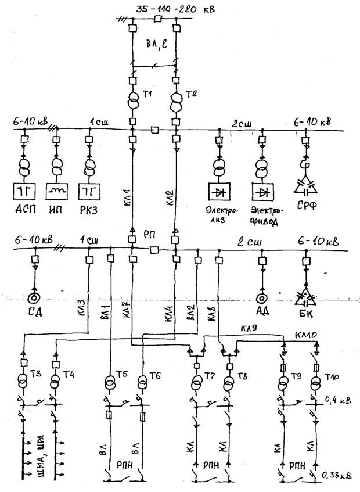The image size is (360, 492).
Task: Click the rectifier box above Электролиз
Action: (x=219, y=191)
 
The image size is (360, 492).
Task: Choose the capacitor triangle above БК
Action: (x=307, y=297)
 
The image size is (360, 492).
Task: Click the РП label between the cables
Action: (x=149, y=234)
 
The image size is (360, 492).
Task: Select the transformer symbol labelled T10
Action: (x=316, y=385)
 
